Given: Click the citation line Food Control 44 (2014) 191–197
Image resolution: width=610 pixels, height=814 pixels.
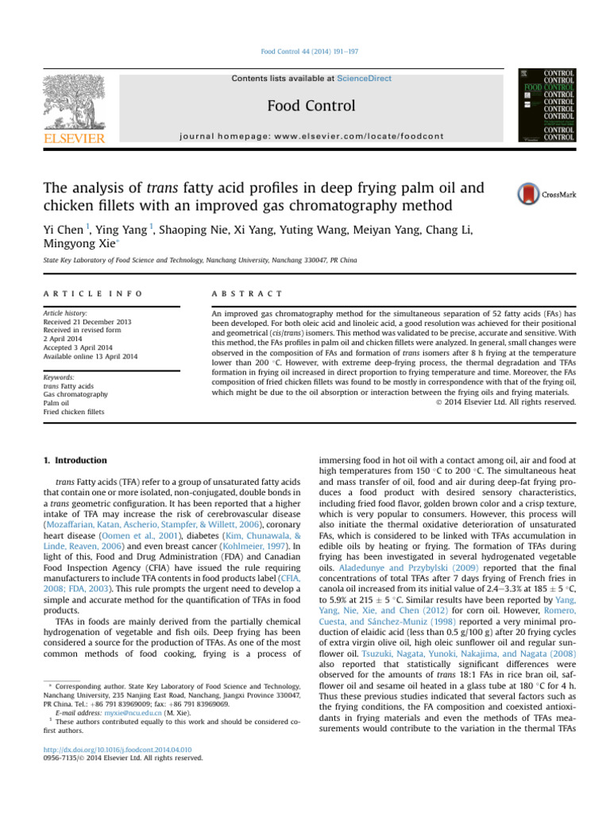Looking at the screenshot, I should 305,52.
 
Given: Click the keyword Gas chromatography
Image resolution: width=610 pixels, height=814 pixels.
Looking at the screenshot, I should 75,394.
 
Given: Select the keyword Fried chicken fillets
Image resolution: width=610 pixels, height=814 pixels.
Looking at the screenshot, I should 73,412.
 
